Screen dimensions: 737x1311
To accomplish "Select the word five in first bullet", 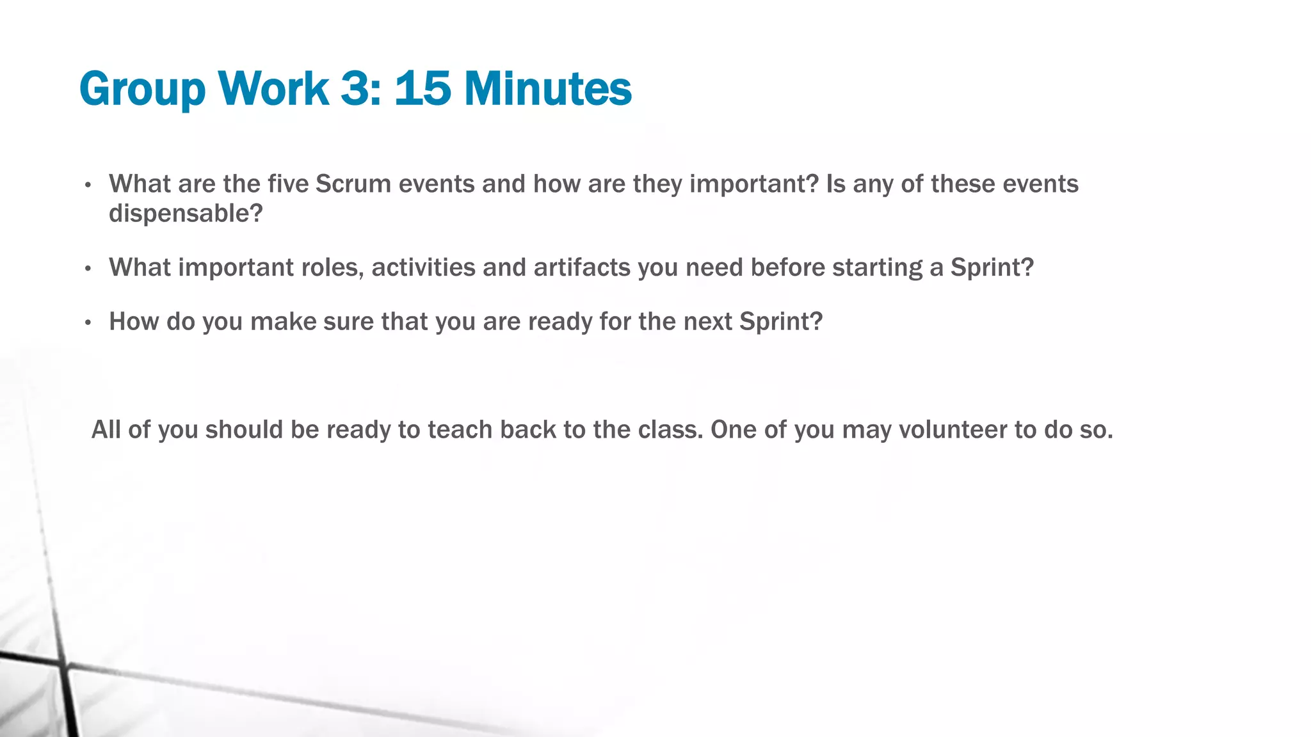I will tap(288, 184).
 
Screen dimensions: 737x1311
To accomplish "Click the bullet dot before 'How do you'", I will tap(88, 322).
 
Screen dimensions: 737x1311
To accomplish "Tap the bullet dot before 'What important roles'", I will tap(88, 268).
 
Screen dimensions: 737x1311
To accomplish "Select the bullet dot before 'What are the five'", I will tap(88, 186).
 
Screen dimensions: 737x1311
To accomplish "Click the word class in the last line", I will tap(668, 430).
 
